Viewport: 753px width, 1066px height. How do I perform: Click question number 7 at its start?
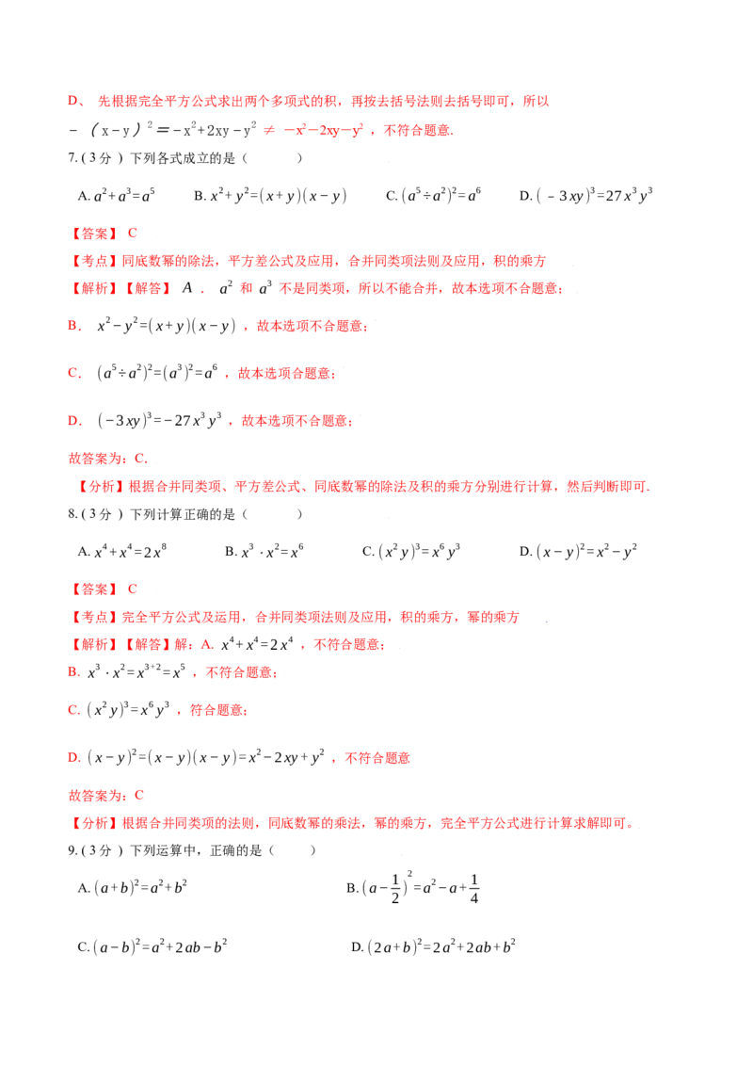72,157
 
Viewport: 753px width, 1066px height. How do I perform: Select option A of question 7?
116,196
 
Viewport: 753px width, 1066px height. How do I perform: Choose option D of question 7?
585,196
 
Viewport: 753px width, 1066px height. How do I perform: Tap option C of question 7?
433,196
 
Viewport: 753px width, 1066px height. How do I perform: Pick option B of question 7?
270,196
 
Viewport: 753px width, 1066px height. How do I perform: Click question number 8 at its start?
72,514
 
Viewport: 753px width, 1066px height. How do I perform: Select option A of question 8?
122,552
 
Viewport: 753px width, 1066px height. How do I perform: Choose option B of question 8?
264,552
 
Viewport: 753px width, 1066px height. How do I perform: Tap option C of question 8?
411,551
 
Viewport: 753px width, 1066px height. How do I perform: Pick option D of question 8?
578,551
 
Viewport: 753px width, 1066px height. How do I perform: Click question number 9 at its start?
72,850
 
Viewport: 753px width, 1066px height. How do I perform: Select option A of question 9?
133,888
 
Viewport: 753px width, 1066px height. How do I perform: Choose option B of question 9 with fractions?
413,887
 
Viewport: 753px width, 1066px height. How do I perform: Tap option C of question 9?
152,947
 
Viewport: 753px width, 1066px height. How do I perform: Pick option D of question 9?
434,947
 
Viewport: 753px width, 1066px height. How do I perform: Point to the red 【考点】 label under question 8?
94,618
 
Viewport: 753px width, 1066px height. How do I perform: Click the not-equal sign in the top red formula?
269,131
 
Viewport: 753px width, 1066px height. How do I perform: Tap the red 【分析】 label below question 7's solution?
102,487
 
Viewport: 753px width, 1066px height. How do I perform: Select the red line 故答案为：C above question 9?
106,796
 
